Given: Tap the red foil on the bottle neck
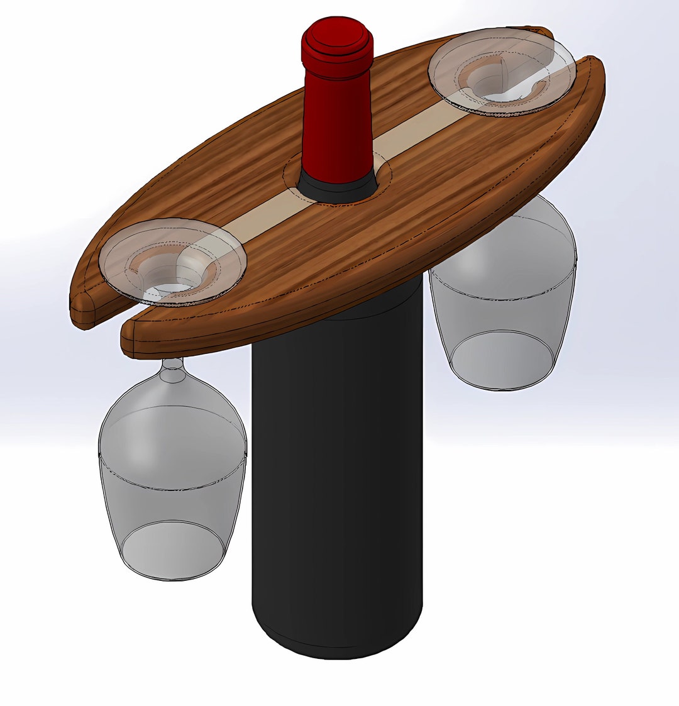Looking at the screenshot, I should pos(338,119).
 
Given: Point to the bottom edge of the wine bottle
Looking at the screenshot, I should pos(338,654).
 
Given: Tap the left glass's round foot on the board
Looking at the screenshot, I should pos(173,261).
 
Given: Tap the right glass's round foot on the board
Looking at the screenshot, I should pos(502,70).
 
